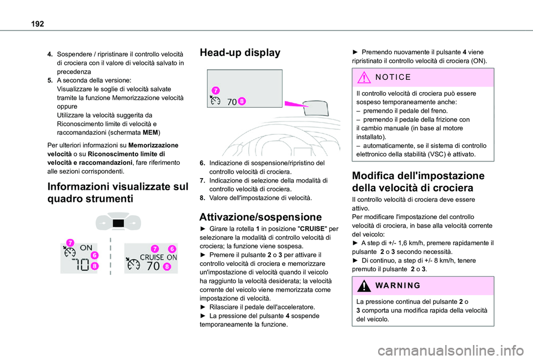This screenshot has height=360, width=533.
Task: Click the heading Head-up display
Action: pyautogui.click(x=240, y=53)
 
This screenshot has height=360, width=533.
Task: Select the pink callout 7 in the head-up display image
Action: pyautogui.click(x=215, y=90)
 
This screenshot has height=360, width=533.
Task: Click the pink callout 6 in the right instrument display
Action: pyautogui.click(x=173, y=249)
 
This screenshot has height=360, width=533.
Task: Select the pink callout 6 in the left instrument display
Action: pyautogui.click(x=95, y=255)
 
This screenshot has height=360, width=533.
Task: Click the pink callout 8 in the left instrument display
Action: pyautogui.click(x=95, y=266)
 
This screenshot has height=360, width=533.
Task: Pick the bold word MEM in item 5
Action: pyautogui.click(x=151, y=133)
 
